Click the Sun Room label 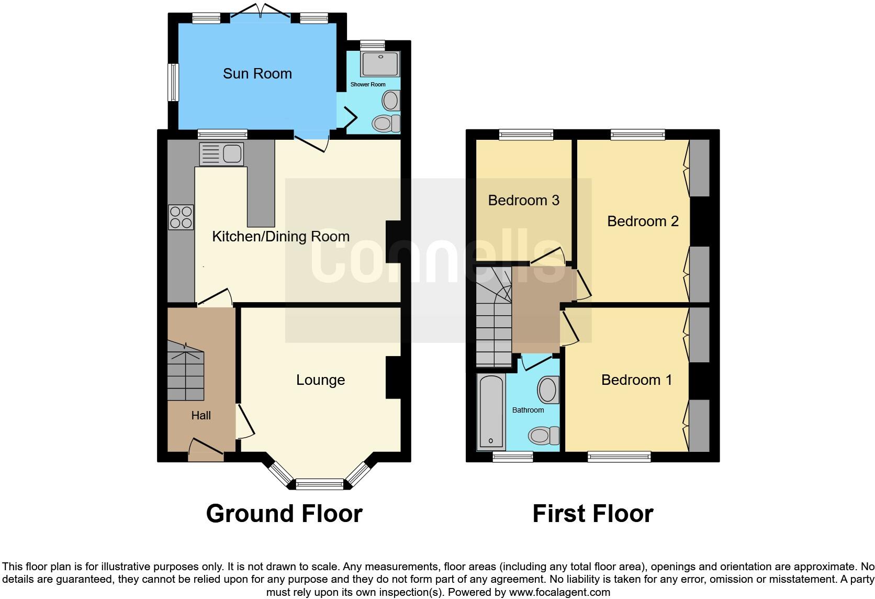point(257,74)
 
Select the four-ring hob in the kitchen point(181,217)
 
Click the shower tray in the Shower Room point(380,64)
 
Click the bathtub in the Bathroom point(491,412)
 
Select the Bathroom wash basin point(548,390)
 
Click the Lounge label point(320,380)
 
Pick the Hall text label point(201,416)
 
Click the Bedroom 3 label point(523,201)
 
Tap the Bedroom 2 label point(643,221)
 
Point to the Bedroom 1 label point(636,380)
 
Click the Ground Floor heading point(284,514)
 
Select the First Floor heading point(592,514)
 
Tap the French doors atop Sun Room point(261,12)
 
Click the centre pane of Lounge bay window point(320,484)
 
